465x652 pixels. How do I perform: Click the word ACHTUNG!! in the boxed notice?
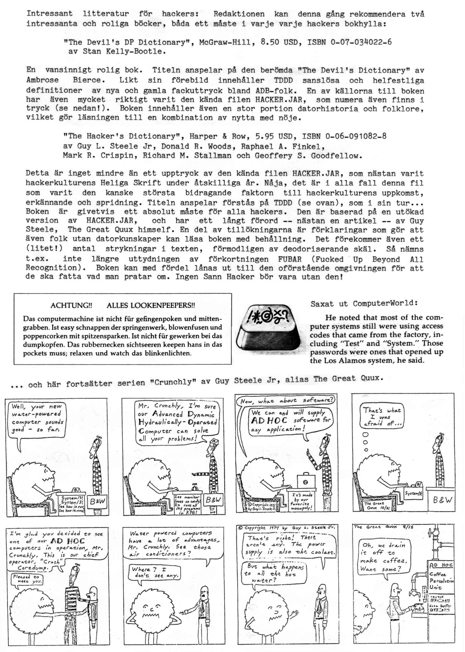pyautogui.click(x=71, y=305)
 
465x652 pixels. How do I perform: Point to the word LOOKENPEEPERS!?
pyautogui.click(x=151, y=305)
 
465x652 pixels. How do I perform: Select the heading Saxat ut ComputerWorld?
pyautogui.click(x=364, y=303)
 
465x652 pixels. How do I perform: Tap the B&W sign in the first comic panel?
pyautogui.click(x=97, y=501)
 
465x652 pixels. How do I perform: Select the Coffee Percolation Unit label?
pyautogui.click(x=441, y=581)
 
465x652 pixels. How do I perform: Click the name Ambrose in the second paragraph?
pyautogui.click(x=43, y=80)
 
